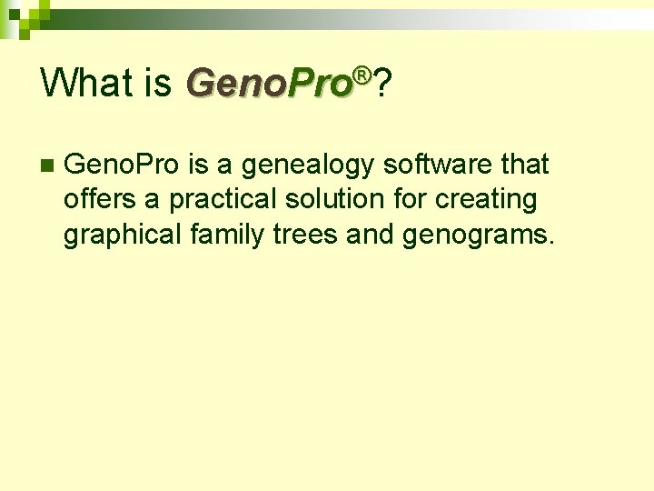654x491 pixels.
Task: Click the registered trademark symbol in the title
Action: [x=362, y=74]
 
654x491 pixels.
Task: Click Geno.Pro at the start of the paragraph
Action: [x=124, y=165]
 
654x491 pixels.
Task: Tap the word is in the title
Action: [x=156, y=83]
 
